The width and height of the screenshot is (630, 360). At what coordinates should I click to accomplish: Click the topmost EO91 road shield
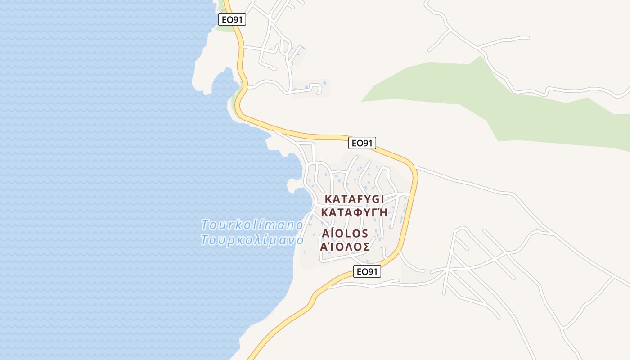point(232,19)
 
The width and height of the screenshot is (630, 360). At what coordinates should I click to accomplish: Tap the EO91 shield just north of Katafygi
point(362,143)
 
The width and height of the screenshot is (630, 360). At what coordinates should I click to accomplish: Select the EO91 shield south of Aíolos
point(367,271)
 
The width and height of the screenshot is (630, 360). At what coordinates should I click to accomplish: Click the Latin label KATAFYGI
point(354,199)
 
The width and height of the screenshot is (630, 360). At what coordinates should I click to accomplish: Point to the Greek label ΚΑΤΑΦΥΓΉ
point(354,212)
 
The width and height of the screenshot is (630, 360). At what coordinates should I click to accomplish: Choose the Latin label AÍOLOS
point(345,234)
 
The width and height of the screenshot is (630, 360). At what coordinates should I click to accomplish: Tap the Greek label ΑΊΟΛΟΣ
point(345,247)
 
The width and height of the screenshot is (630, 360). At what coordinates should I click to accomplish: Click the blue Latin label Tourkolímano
point(252,224)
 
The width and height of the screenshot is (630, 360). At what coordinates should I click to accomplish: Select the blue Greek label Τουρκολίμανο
point(252,240)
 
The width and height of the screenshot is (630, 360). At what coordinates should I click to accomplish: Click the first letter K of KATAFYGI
point(328,199)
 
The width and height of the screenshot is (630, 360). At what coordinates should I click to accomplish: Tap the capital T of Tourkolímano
point(206,224)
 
